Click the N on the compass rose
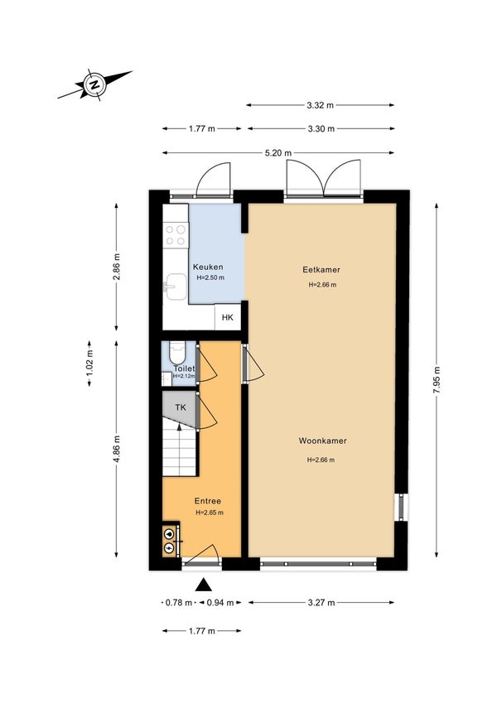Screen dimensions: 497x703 click(x=94, y=84)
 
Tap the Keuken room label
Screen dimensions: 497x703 click(x=208, y=267)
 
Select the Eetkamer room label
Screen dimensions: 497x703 click(x=321, y=270)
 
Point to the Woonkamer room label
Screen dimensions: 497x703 click(x=322, y=441)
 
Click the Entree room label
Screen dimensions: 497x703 click(x=208, y=501)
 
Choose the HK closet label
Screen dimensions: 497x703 click(x=228, y=317)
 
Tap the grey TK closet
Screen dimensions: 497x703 click(x=180, y=408)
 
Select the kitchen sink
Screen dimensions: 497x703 click(x=176, y=286)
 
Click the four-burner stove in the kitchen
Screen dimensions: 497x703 click(x=176, y=235)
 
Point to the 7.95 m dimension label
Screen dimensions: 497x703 click(x=436, y=380)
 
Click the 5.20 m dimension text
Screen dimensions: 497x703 click(x=278, y=153)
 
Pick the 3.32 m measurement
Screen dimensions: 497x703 click(x=321, y=105)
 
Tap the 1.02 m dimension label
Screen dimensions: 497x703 click(x=89, y=364)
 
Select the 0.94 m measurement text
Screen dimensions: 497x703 click(x=220, y=603)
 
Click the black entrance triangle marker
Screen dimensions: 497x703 click(x=203, y=585)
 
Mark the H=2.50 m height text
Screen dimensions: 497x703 click(x=210, y=278)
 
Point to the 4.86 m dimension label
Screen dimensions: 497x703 click(x=116, y=450)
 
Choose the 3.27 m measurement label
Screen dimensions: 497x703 click(x=321, y=603)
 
